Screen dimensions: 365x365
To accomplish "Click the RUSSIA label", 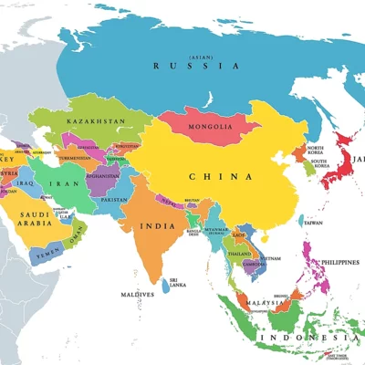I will point(196,66).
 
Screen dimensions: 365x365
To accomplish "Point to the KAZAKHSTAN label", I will point(95,120).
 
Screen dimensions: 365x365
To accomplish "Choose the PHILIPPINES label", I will point(339,262).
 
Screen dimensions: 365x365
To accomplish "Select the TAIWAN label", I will point(313,223).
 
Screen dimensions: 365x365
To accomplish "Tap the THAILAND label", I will point(240,254).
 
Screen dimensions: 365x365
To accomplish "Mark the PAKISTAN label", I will point(114,199).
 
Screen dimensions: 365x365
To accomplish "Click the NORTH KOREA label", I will point(316,151).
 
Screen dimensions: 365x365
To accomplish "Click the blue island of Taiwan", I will point(300,220).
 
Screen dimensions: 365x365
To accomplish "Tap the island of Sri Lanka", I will point(165,286).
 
